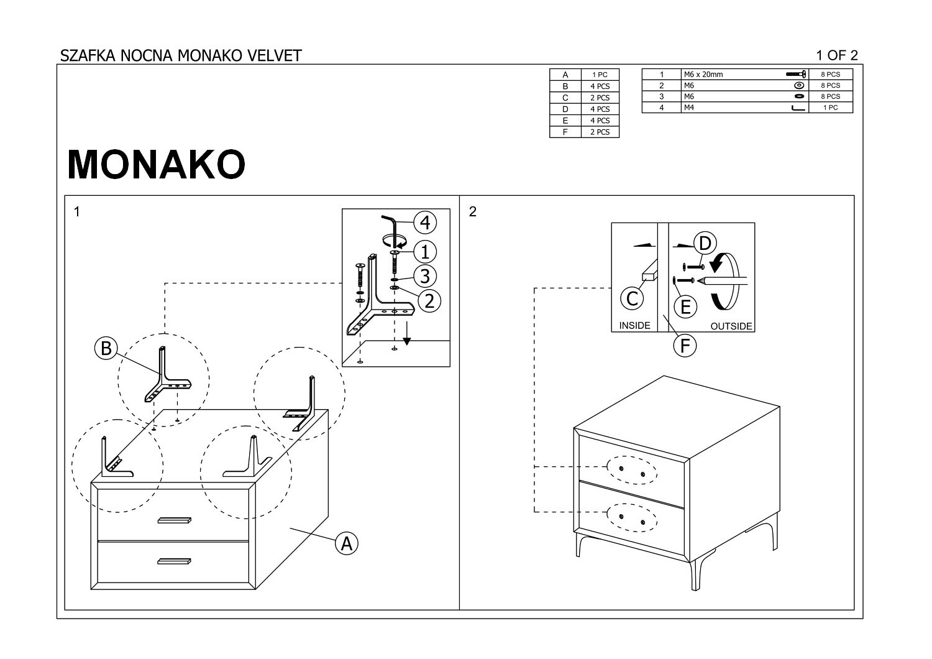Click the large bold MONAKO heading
click(x=156, y=165)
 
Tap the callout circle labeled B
click(x=106, y=348)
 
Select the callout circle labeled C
click(x=632, y=298)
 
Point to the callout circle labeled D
click(x=705, y=242)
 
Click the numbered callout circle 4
click(x=425, y=222)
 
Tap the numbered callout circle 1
click(x=425, y=252)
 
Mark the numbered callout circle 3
click(x=425, y=275)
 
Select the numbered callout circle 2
click(x=429, y=300)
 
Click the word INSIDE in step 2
click(x=634, y=325)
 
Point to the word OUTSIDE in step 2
click(x=731, y=326)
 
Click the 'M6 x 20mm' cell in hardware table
click(x=703, y=75)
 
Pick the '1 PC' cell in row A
click(x=600, y=75)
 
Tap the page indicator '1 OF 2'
click(x=837, y=55)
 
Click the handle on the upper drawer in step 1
click(x=176, y=520)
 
